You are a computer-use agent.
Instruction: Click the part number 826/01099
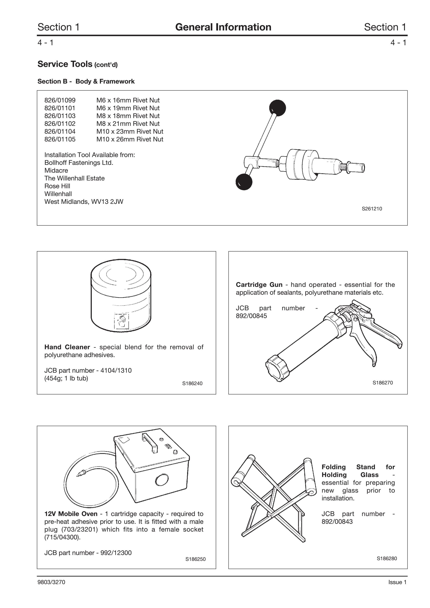click(x=60, y=100)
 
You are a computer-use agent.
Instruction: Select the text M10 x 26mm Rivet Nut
click(x=130, y=139)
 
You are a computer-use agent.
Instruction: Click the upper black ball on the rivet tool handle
click(x=277, y=108)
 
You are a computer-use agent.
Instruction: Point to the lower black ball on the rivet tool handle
click(x=244, y=182)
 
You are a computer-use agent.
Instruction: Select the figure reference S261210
click(x=372, y=209)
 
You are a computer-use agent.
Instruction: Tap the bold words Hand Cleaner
click(x=67, y=347)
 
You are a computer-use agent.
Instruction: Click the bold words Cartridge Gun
click(x=259, y=285)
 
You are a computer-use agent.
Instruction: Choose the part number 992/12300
click(x=116, y=553)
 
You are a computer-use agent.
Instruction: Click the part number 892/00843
click(x=337, y=522)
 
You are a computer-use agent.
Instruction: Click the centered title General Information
click(x=223, y=27)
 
